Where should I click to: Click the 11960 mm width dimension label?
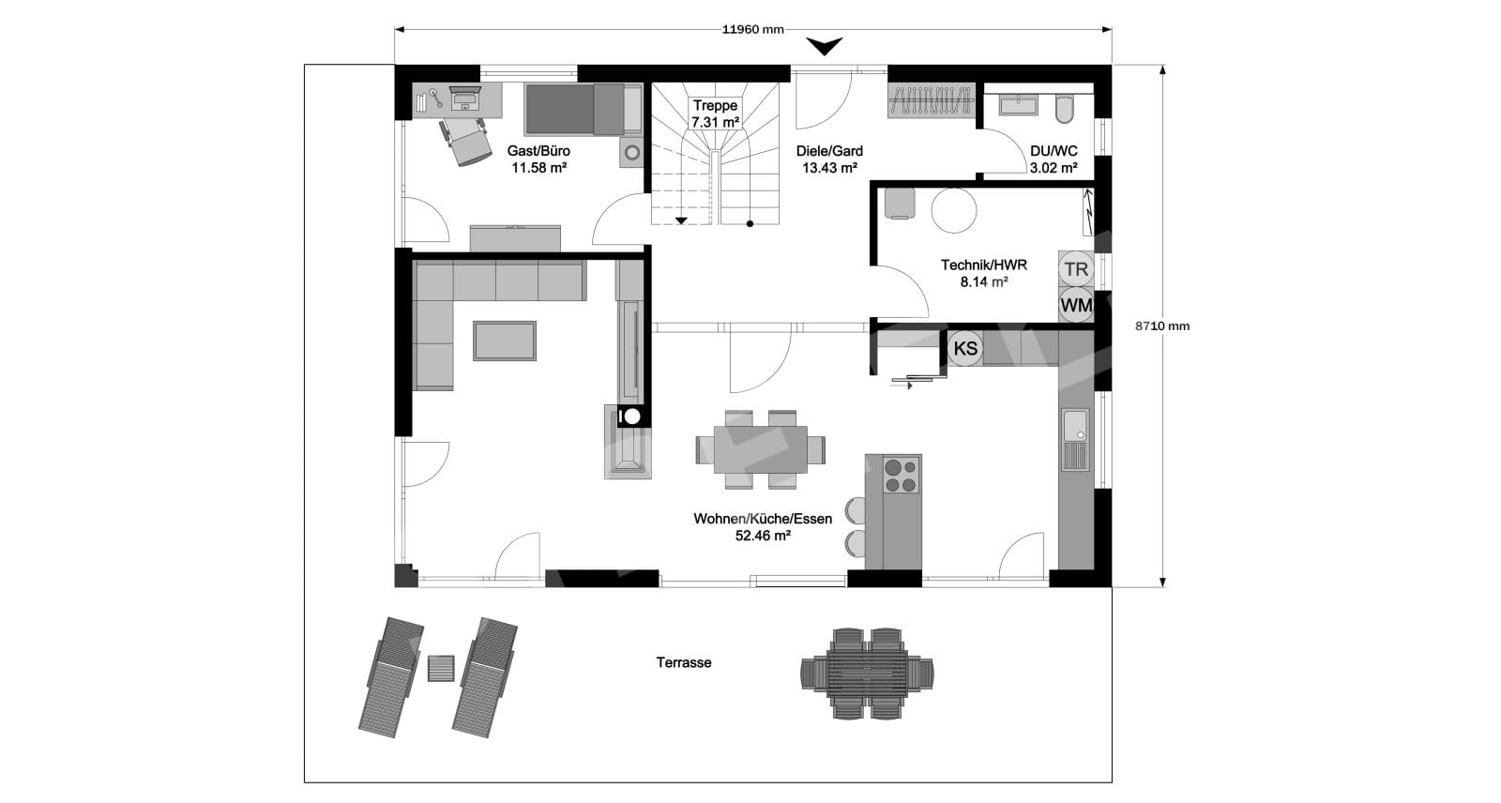tap(752, 29)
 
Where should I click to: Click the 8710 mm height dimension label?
tap(1162, 326)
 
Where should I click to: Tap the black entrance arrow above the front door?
tap(825, 46)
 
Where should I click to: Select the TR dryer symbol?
tap(1076, 269)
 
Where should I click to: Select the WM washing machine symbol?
tap(1076, 306)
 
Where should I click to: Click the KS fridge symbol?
tap(965, 349)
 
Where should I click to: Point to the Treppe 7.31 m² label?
tap(715, 114)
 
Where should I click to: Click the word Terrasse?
tap(684, 663)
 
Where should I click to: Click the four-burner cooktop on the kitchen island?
tap(902, 475)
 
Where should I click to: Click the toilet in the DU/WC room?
tap(1064, 109)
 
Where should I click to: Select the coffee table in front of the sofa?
tap(505, 341)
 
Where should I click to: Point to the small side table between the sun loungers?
tap(441, 668)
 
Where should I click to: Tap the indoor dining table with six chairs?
tap(761, 449)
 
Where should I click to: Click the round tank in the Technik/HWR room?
tap(953, 210)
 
